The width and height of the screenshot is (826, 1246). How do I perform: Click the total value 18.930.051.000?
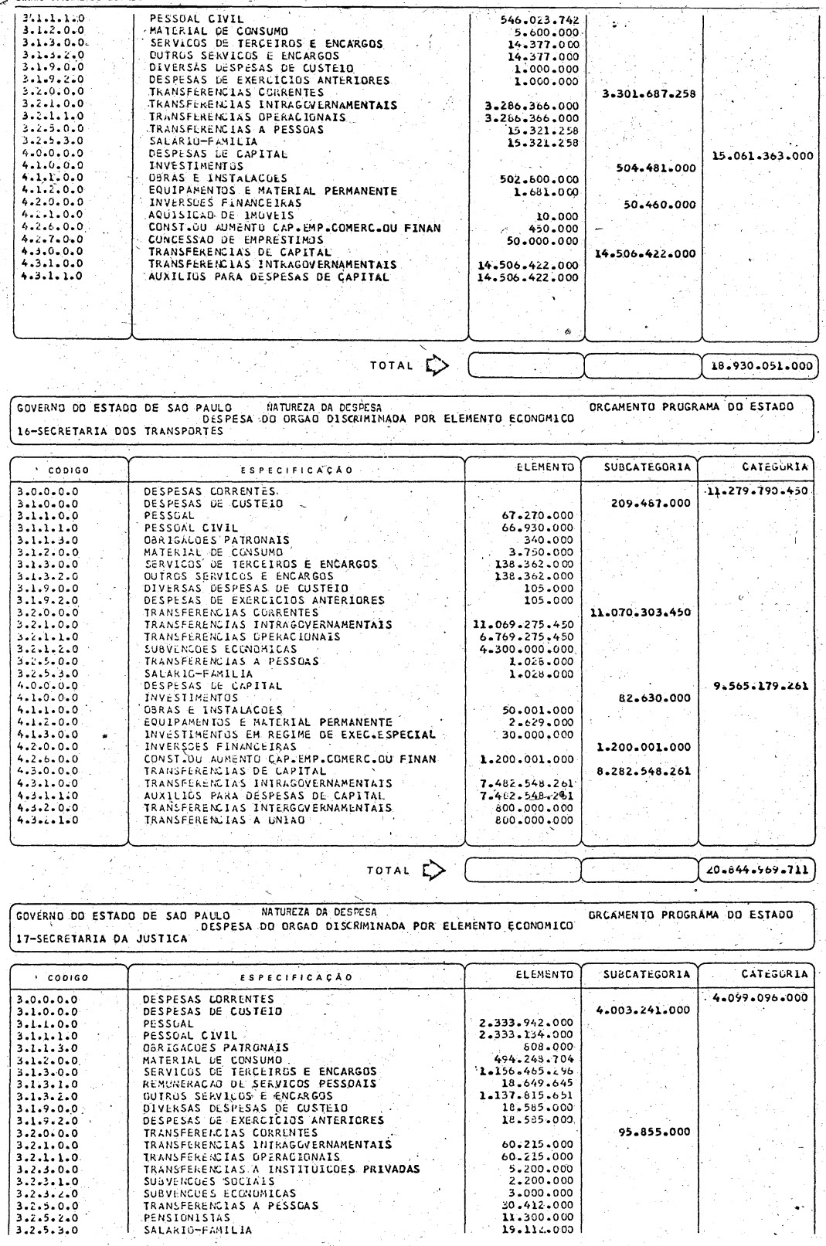[x=760, y=366]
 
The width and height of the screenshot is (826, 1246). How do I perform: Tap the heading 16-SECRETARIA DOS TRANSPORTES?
[x=120, y=432]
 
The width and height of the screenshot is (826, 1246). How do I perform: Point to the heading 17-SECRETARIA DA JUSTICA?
[x=102, y=939]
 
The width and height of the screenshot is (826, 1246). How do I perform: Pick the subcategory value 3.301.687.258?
[x=648, y=94]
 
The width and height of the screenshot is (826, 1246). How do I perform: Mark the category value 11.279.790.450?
[x=756, y=491]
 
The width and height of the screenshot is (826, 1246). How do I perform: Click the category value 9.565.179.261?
[x=756, y=685]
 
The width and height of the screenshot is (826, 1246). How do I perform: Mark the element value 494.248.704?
[x=534, y=1060]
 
